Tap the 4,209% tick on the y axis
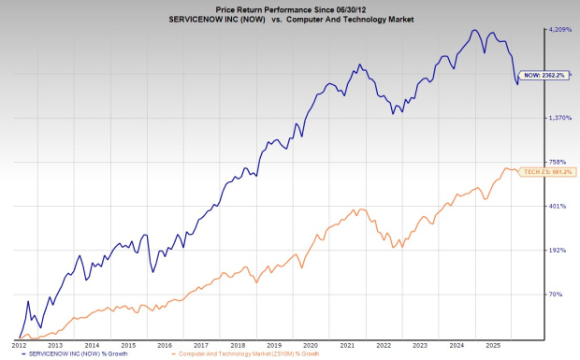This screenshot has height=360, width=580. (559, 30)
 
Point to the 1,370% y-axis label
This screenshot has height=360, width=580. (559, 118)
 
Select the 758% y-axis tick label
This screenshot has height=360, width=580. (558, 162)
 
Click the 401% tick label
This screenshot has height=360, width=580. (558, 206)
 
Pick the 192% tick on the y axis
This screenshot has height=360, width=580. (558, 251)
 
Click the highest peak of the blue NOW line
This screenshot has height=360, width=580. (475, 30)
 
